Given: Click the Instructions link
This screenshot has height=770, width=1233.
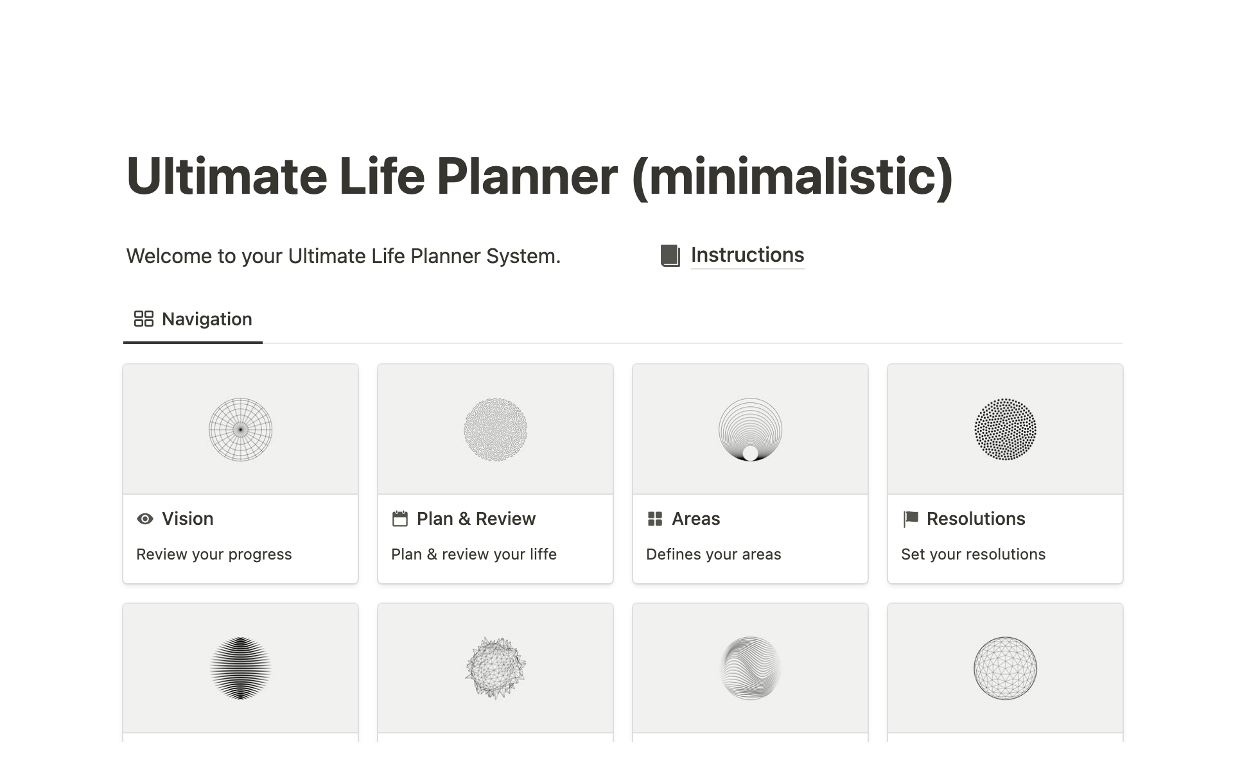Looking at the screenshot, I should click(x=747, y=255).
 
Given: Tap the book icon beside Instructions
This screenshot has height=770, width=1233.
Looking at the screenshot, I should click(x=670, y=255).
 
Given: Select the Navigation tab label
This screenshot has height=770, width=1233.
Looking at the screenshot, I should click(x=207, y=319).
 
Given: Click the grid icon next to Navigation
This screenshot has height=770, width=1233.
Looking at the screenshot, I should click(x=143, y=319).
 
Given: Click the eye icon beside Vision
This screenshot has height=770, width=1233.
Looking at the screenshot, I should click(x=145, y=518).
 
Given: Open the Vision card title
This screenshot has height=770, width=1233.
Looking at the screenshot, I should click(x=188, y=518).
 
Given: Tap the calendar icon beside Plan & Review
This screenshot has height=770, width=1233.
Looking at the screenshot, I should click(x=400, y=518).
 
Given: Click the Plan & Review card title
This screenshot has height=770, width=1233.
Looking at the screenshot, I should click(x=476, y=518).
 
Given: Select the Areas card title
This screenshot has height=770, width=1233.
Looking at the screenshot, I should click(x=695, y=518).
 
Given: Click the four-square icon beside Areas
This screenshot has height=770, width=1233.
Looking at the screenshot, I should click(x=655, y=518).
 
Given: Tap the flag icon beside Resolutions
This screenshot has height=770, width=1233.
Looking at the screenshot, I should click(x=910, y=518).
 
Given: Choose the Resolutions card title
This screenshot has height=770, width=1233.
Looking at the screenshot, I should click(x=975, y=518).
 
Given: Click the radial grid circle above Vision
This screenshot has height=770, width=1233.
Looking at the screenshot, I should click(x=241, y=429).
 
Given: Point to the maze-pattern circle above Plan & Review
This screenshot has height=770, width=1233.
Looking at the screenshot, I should click(x=495, y=429).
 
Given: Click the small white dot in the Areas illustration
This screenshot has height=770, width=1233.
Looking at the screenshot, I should click(x=750, y=453).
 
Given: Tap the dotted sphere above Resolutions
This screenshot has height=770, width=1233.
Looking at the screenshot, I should click(x=1005, y=429).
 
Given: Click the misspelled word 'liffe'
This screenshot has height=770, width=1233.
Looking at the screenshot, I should click(x=543, y=554).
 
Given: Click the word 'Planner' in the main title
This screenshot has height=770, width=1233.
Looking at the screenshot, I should click(x=527, y=176).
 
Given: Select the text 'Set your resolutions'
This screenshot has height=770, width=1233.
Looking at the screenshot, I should click(x=973, y=554).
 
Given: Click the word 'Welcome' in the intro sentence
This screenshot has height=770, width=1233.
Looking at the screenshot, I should click(x=169, y=256).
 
